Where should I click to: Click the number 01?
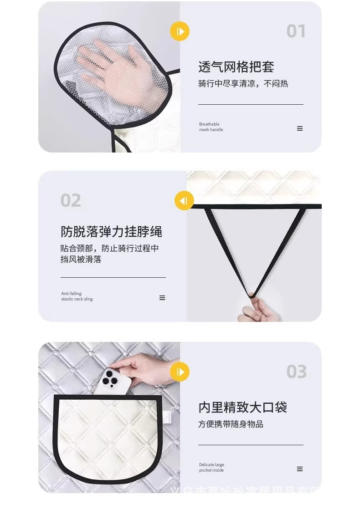coord(296,31)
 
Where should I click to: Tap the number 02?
coord(71,200)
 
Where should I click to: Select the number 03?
coord(296,372)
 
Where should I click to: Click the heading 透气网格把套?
coord(236,67)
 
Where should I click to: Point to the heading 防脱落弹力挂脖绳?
coord(111,231)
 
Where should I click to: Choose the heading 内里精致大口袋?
coord(242,407)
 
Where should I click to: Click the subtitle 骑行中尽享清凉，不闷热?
coord(243,84)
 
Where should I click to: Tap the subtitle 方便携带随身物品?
coord(231,424)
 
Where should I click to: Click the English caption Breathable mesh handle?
coord(211,127)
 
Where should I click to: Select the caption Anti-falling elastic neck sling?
coord(77,296)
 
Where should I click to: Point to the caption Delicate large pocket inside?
coord(211,468)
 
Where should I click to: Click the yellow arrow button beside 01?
coord(180,31)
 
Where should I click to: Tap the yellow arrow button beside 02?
coord(184,201)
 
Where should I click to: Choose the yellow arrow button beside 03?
coord(180,372)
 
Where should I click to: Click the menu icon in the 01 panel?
coord(300,128)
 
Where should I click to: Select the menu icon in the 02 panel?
coord(162,298)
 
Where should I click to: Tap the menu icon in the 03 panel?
coord(300,469)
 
